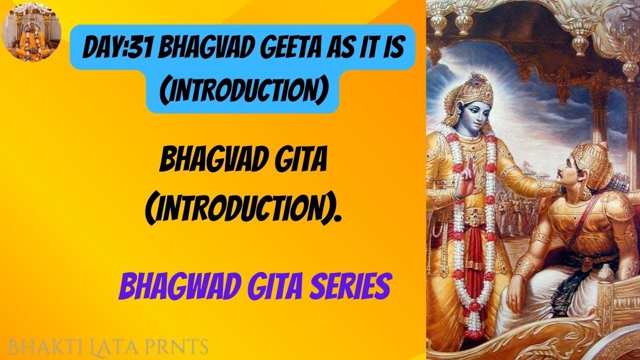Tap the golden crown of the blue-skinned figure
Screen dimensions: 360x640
(472, 86)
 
